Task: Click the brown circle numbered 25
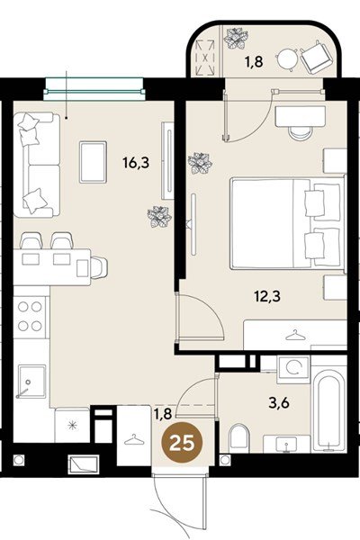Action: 182,443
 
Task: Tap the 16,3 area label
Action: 136,162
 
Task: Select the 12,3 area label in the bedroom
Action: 267,296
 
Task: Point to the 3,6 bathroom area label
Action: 279,402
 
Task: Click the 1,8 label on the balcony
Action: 254,62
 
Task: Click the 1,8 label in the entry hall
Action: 163,414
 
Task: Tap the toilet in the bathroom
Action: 238,438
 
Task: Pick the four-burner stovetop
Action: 30,316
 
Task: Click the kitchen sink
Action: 31,382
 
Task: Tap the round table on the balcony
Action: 287,59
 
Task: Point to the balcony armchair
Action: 317,58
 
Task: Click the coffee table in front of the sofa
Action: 93,162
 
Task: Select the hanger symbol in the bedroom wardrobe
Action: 295,335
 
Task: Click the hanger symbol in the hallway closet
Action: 134,440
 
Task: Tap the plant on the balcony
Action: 236,39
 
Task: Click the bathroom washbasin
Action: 286,445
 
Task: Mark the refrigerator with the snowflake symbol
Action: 72,425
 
